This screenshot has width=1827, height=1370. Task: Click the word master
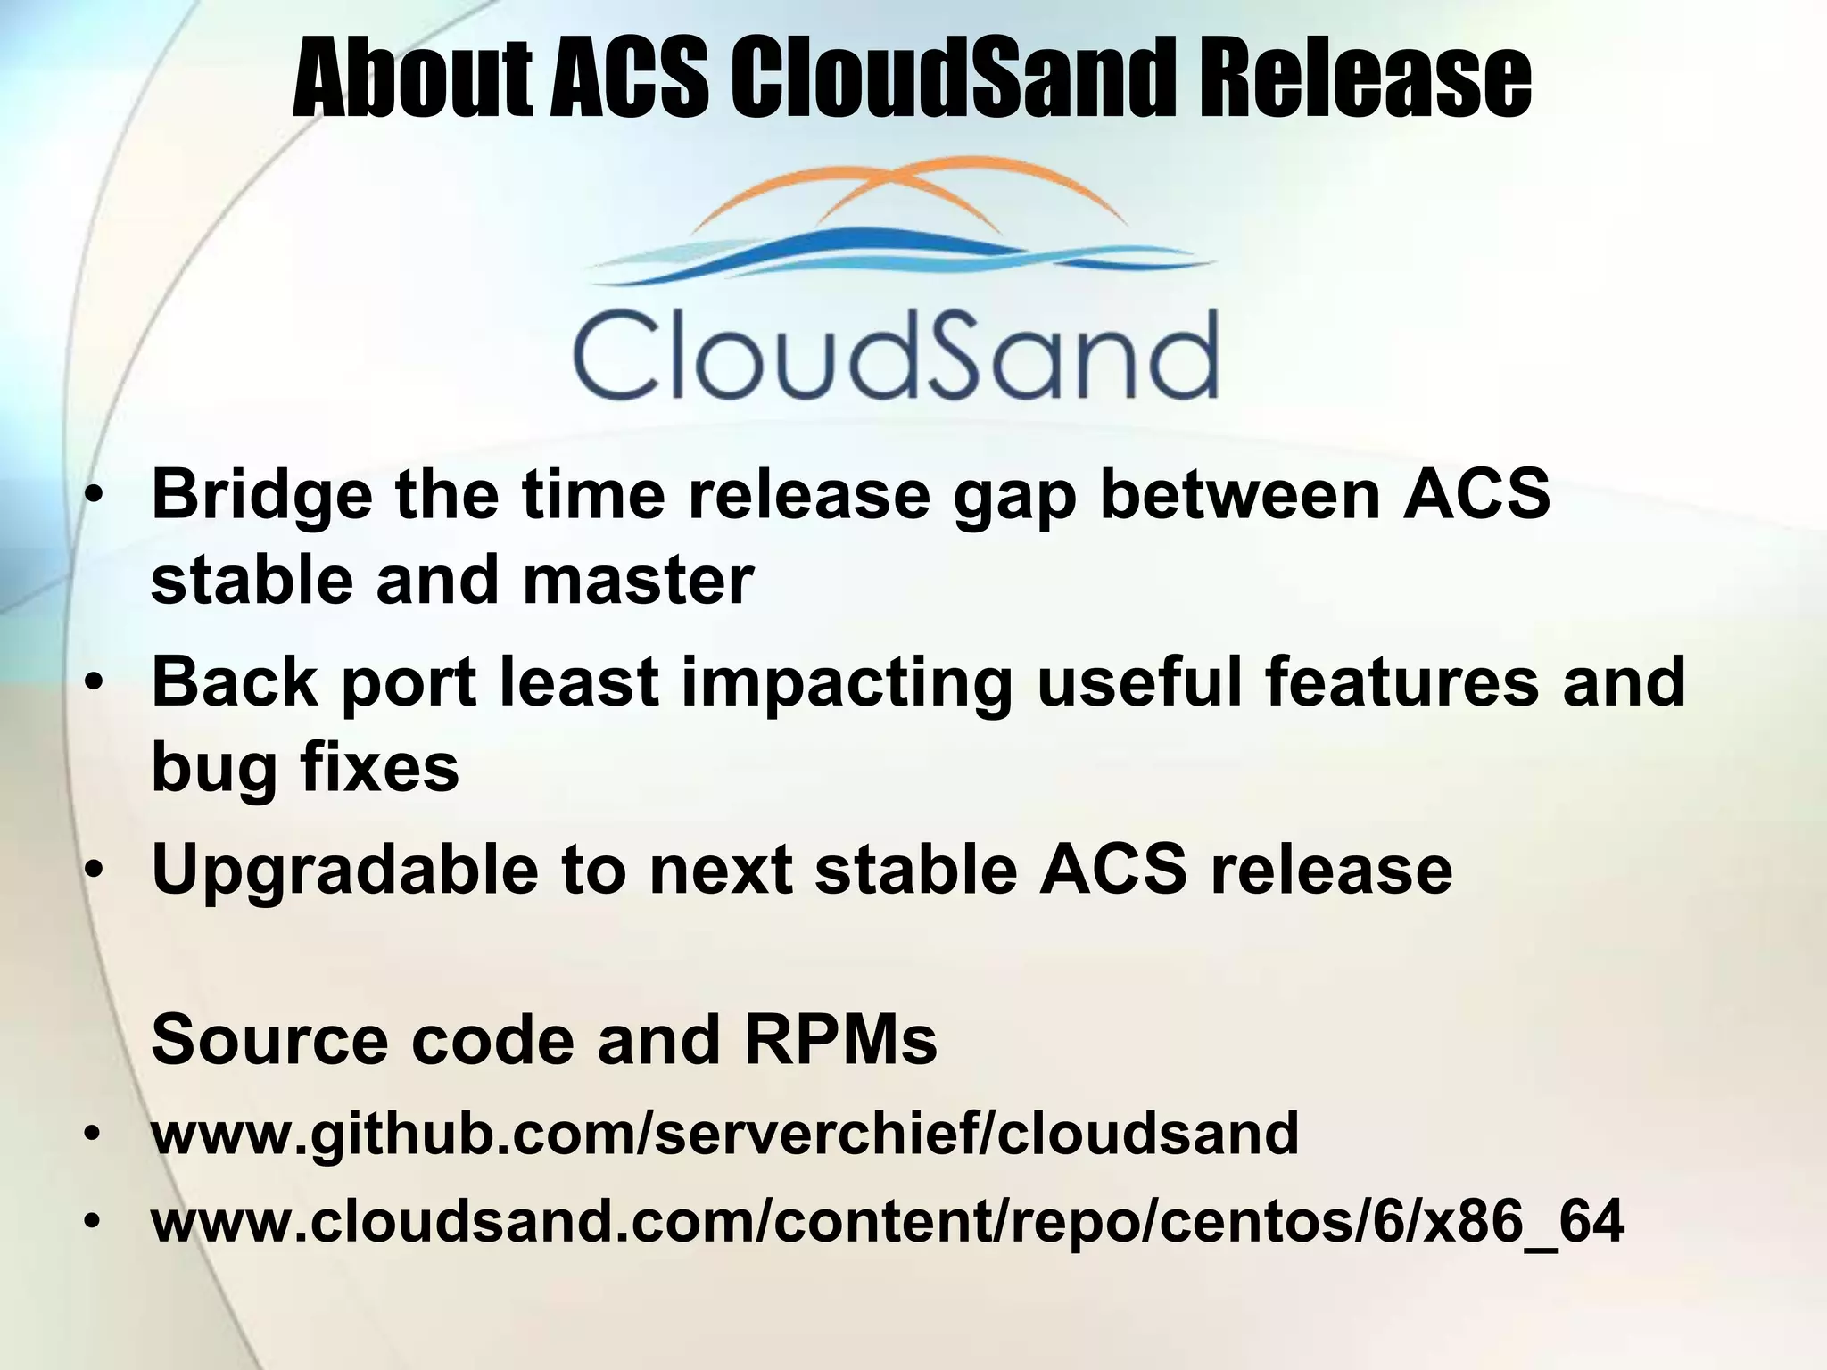638,581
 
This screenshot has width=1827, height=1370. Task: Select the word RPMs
840,1040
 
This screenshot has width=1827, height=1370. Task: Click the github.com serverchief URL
724,1135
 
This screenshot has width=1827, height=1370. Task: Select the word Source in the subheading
270,1040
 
